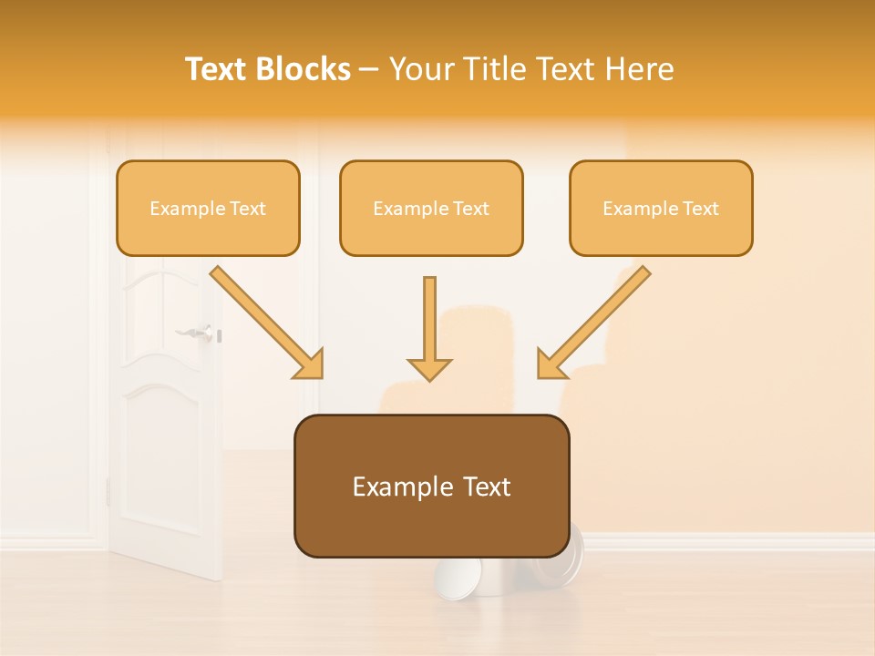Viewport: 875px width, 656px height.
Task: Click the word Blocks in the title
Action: [x=306, y=69]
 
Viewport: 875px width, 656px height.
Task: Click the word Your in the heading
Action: [x=420, y=69]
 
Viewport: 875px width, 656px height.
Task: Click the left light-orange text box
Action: [x=208, y=208]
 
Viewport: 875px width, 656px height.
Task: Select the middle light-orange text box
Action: [x=431, y=208]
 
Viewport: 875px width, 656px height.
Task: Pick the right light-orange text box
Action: [x=661, y=208]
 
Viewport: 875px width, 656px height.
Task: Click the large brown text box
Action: [x=431, y=486]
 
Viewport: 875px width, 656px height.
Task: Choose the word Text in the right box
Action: [x=701, y=209]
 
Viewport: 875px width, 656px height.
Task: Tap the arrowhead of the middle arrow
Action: [x=429, y=369]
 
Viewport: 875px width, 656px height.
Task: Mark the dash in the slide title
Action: [x=369, y=69]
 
